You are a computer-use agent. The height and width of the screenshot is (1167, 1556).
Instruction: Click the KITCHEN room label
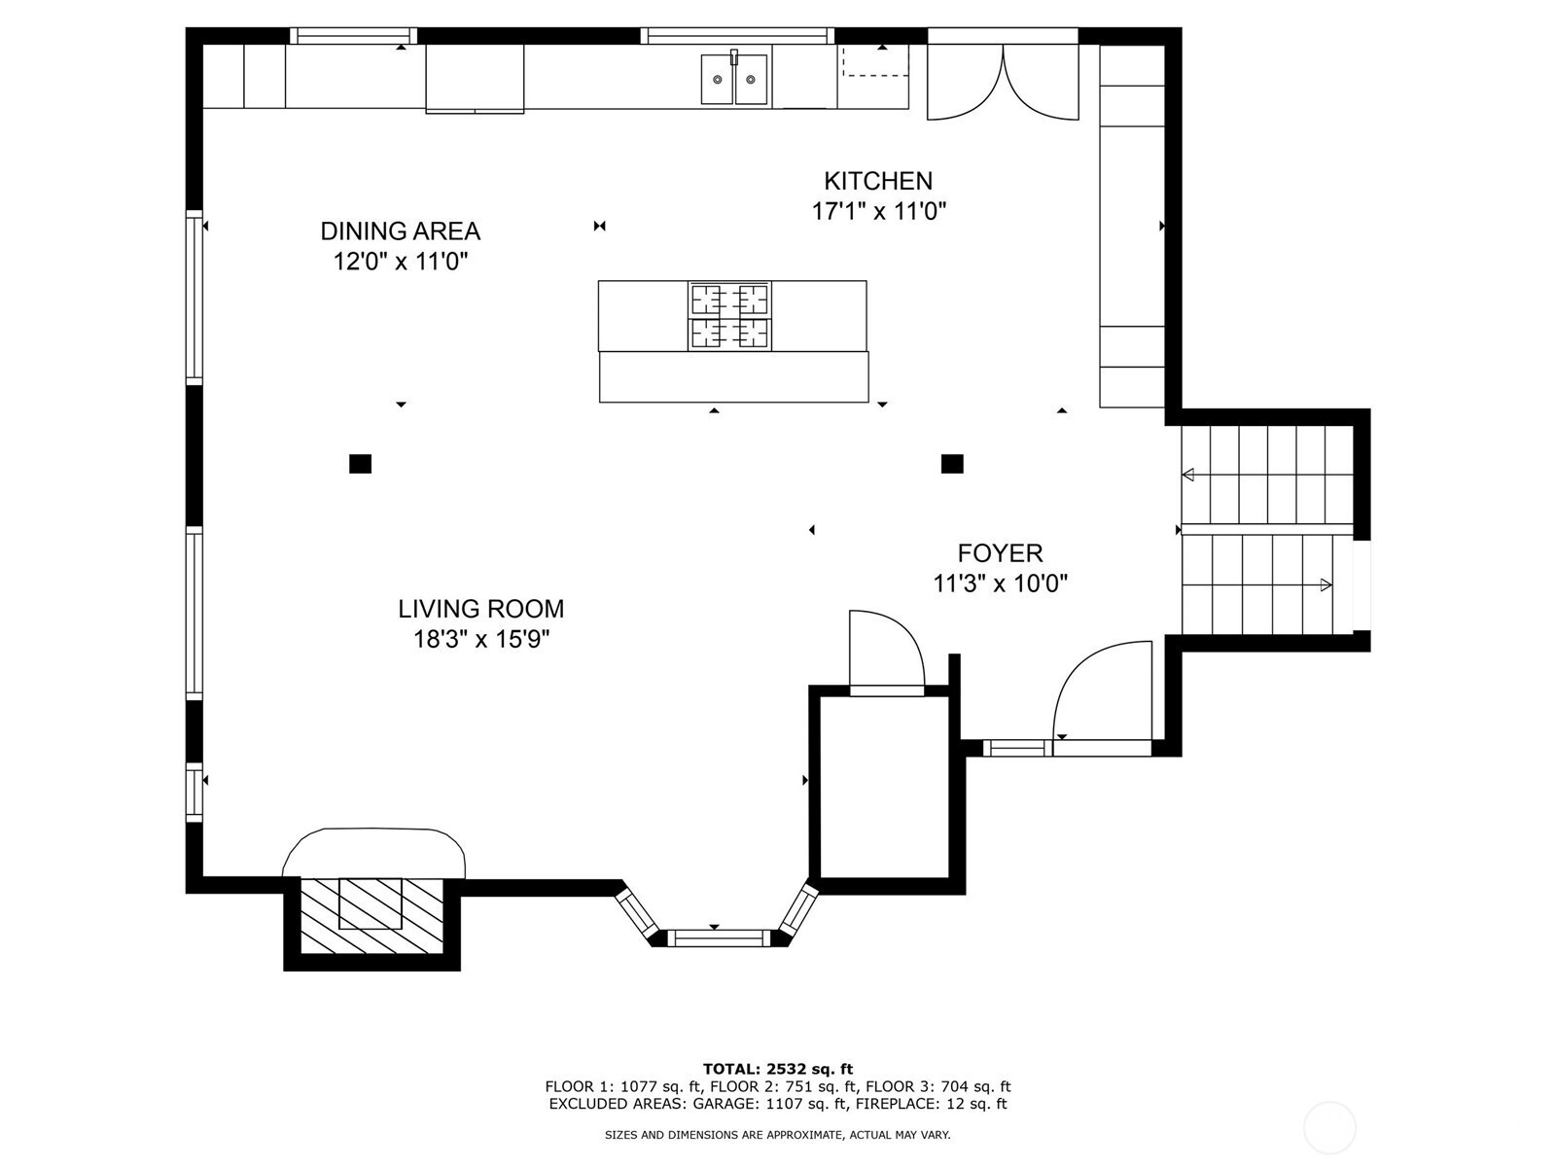pos(877,182)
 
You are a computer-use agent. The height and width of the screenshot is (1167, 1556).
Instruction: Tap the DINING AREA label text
pos(401,231)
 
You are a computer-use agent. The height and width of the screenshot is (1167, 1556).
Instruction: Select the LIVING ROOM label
pos(480,609)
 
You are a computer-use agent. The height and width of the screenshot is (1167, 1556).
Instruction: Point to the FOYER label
pos(1001,552)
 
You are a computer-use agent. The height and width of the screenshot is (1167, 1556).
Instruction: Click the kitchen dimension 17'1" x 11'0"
pos(879,211)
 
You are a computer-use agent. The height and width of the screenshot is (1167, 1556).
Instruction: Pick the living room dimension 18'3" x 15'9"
pos(482,640)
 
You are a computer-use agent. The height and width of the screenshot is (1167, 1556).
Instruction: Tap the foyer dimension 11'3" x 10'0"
pos(1001,583)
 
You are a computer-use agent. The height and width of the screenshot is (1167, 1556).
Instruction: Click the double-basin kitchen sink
pos(734,79)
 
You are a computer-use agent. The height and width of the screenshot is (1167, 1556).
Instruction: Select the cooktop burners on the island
pos(729,316)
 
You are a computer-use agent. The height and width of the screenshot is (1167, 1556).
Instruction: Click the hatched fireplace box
pos(371,915)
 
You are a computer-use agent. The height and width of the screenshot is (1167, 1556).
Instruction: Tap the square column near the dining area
pos(360,464)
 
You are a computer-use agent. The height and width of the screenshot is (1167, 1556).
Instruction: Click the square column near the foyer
pos(952,464)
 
